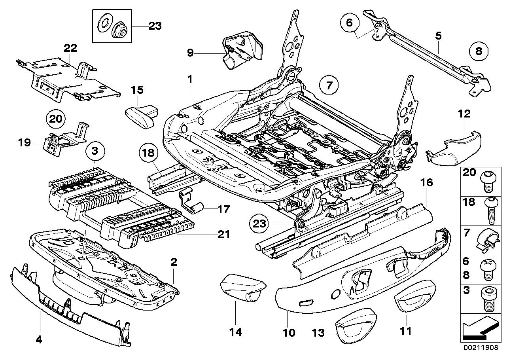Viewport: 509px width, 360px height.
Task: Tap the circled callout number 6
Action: tap(350, 23)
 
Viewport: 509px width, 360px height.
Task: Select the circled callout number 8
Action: tap(479, 51)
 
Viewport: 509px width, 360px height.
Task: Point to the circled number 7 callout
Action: tap(329, 85)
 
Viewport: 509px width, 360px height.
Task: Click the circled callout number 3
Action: tap(95, 151)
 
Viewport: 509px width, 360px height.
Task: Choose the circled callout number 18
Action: tap(149, 153)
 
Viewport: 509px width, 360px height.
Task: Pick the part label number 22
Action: tap(70, 48)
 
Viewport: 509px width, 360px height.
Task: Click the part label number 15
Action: tap(137, 90)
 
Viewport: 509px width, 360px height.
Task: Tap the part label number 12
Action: tap(464, 114)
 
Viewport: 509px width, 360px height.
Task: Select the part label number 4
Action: tap(39, 340)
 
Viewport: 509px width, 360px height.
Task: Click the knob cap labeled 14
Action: tap(243, 288)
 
